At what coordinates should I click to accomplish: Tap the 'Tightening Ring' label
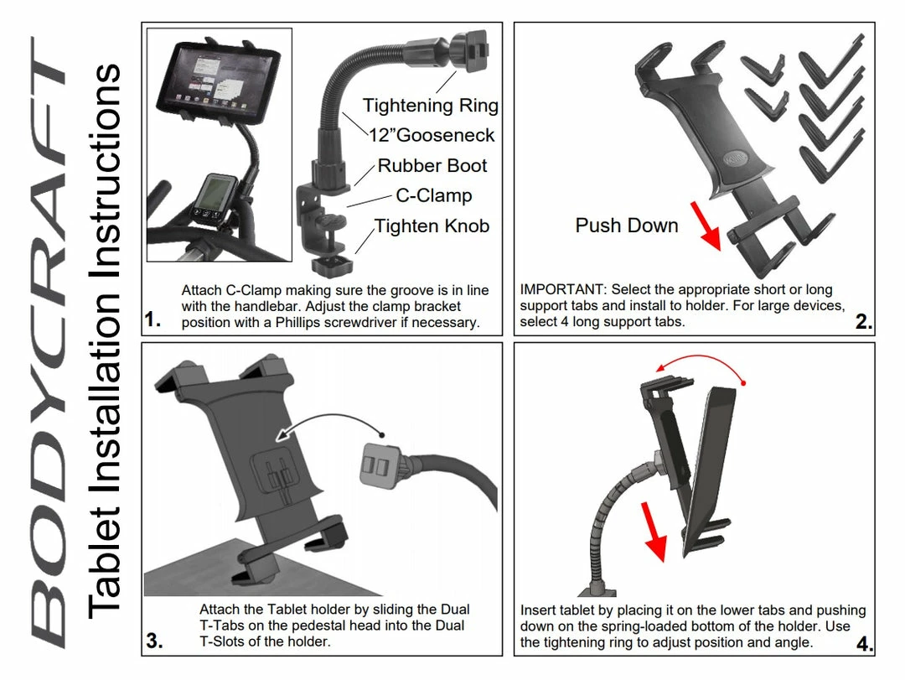tap(430, 106)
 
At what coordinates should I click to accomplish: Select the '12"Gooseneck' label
tap(432, 135)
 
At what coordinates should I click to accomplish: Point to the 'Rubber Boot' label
tap(432, 165)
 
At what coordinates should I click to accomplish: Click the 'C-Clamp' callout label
tap(433, 195)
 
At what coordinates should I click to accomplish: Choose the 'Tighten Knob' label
tap(432, 226)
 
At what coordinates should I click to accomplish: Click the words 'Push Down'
tap(626, 225)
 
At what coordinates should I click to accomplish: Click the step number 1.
tap(152, 319)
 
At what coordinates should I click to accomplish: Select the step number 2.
tap(864, 322)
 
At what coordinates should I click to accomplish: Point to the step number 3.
tap(153, 641)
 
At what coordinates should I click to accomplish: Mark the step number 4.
tap(865, 644)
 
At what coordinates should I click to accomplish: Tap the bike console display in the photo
tap(216, 195)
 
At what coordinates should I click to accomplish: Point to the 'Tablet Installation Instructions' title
tap(106, 340)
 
